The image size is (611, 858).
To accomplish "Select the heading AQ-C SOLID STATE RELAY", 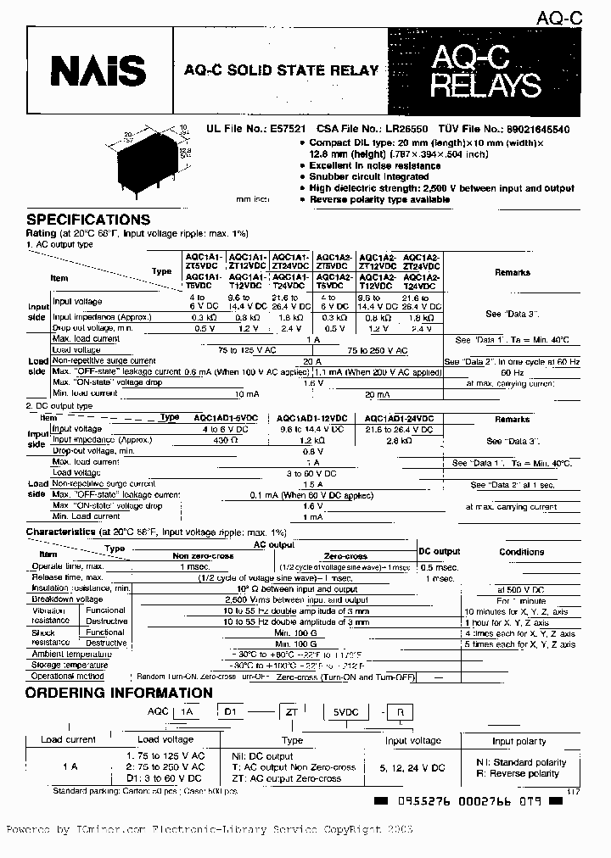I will (x=282, y=70).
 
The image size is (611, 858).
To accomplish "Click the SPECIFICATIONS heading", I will (x=87, y=220).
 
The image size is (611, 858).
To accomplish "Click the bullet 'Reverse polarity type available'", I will (x=379, y=200).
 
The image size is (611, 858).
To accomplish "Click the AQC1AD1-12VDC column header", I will (x=311, y=418).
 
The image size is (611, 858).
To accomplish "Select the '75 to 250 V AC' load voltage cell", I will (x=377, y=349).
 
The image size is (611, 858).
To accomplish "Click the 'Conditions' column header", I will (x=521, y=552).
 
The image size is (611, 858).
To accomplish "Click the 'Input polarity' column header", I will (x=519, y=740).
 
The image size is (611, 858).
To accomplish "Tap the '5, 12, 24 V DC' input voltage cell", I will (x=414, y=767).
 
